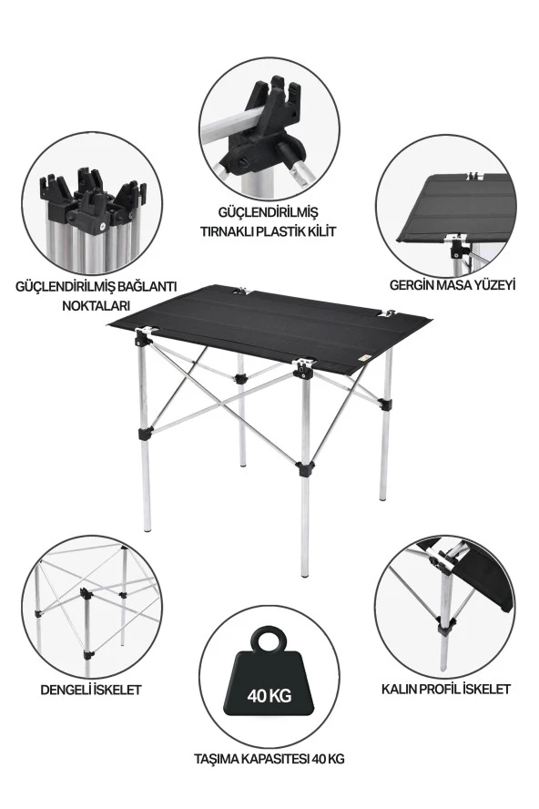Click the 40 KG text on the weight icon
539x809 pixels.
tap(269, 695)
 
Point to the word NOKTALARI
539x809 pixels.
tap(96, 305)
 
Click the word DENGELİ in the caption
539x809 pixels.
tap(65, 690)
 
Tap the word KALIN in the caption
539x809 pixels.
tap(399, 689)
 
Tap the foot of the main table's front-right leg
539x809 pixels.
tap(305, 573)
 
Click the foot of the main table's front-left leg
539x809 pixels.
tap(148, 527)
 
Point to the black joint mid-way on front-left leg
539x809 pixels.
tap(145, 433)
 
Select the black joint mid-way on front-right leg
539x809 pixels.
tap(304, 469)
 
